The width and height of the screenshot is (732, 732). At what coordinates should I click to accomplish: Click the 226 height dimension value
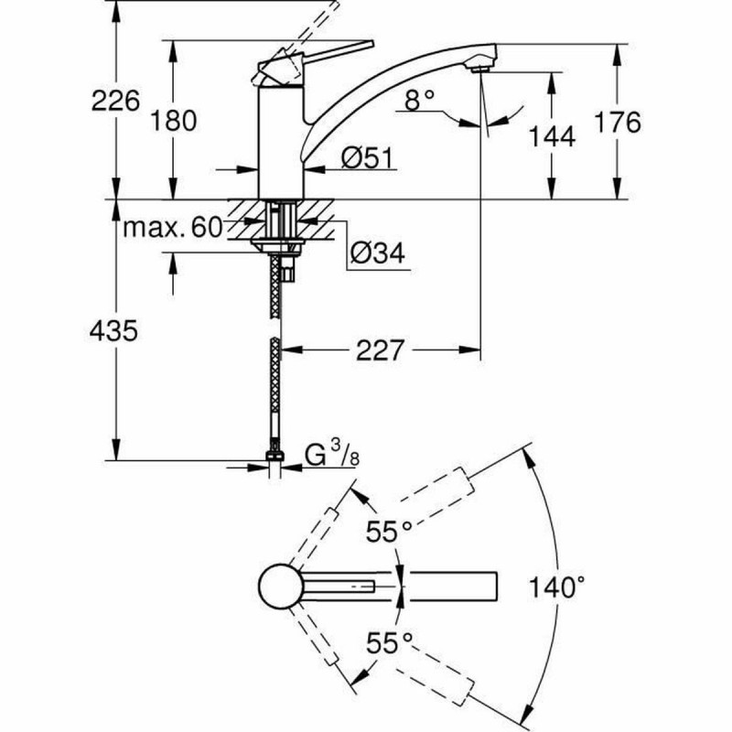click(x=116, y=101)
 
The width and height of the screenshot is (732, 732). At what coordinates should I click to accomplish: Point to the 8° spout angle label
click(x=417, y=101)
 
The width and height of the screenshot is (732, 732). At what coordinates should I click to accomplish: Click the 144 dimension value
click(x=552, y=137)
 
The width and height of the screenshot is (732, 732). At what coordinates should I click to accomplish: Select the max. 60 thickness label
click(x=174, y=228)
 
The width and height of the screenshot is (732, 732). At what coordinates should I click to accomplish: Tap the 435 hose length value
click(x=114, y=330)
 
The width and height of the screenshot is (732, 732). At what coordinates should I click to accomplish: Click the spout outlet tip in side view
click(x=479, y=63)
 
